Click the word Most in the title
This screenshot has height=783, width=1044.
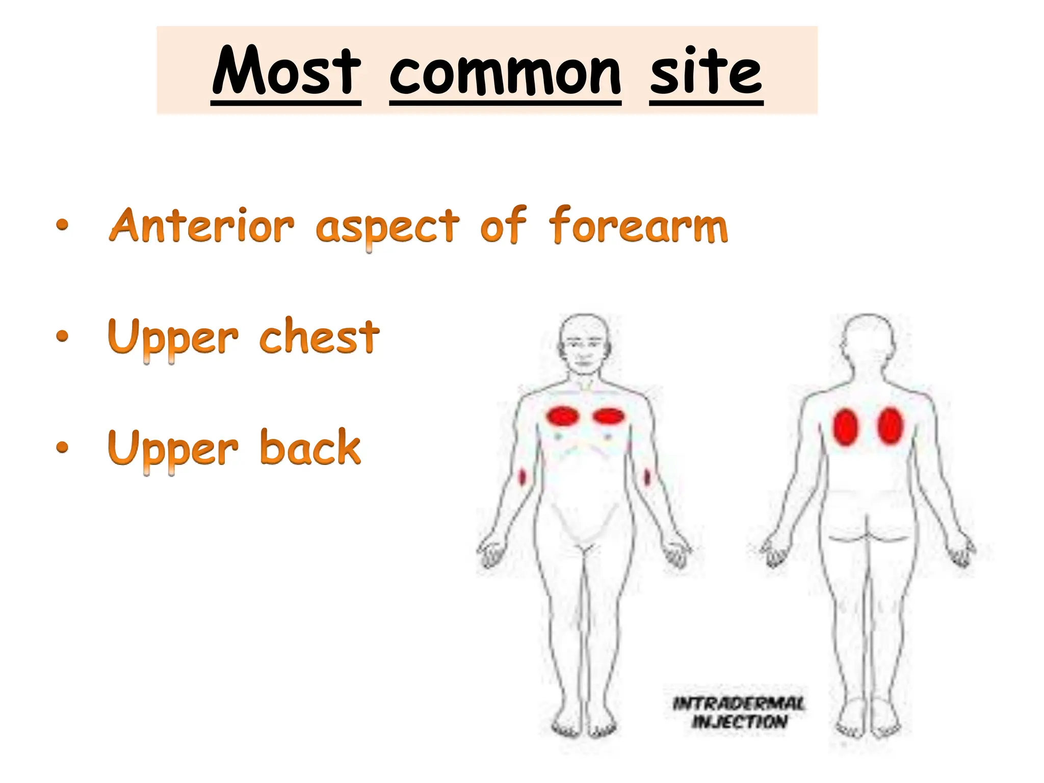click(286, 71)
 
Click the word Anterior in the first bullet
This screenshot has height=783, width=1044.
click(201, 225)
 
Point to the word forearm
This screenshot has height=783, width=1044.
click(638, 225)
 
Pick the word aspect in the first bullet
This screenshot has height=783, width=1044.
click(387, 227)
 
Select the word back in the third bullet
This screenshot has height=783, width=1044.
click(310, 447)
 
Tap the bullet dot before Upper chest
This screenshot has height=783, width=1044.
click(62, 336)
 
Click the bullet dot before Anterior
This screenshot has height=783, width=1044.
click(62, 225)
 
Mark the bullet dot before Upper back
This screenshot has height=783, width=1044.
click(62, 447)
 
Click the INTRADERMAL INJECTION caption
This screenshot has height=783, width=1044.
click(739, 713)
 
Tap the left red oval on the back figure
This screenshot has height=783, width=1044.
click(846, 427)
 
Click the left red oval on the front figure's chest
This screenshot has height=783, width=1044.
click(563, 416)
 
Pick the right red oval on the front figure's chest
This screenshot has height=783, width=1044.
click(609, 416)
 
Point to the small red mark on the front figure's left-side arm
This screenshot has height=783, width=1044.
click(522, 478)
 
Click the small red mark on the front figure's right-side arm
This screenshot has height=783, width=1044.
click(647, 478)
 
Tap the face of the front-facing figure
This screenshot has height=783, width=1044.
click(585, 347)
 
